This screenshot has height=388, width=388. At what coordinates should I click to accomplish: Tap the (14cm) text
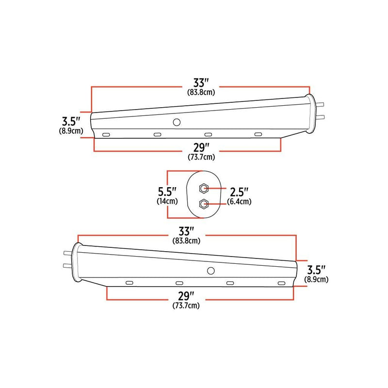point(167,201)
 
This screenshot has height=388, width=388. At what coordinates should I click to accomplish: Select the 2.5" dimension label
point(240,192)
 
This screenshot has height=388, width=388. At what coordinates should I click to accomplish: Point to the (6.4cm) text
point(240,202)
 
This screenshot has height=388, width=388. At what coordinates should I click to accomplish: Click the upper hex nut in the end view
point(203,188)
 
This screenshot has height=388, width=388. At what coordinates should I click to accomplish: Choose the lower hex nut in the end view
point(203,204)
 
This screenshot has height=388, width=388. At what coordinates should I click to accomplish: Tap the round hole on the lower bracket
point(210,271)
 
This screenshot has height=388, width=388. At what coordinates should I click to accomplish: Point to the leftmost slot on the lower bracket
point(129,283)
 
